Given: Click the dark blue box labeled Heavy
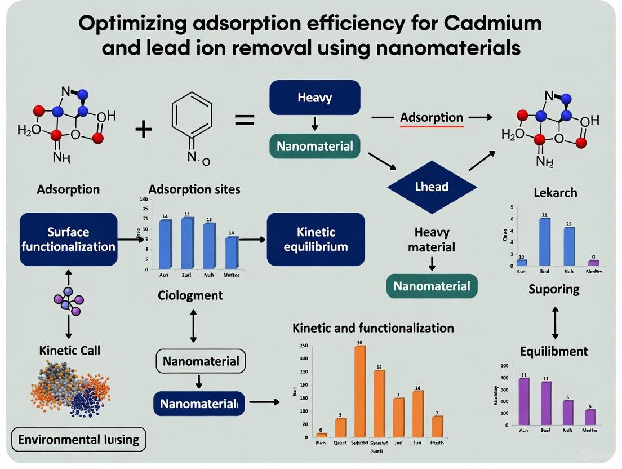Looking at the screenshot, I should (x=314, y=98).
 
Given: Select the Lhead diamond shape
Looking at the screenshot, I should (x=432, y=186).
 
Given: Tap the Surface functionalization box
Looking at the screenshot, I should (x=69, y=240).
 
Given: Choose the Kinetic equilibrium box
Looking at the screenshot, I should (x=316, y=240).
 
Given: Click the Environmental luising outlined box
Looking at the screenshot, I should (x=79, y=440).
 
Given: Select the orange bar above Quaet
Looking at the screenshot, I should (x=341, y=427).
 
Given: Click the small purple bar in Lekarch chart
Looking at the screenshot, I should (x=593, y=262).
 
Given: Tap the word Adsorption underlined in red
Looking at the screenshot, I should (x=432, y=118).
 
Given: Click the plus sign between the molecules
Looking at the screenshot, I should (x=144, y=130).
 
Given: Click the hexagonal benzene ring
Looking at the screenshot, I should (x=191, y=115).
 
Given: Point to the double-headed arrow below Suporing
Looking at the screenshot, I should (x=556, y=322).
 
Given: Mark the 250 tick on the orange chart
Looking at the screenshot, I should (x=304, y=346).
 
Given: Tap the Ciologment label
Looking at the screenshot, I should (x=190, y=295).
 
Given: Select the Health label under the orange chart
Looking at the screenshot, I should (x=437, y=443).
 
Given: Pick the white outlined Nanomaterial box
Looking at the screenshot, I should (x=201, y=361).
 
